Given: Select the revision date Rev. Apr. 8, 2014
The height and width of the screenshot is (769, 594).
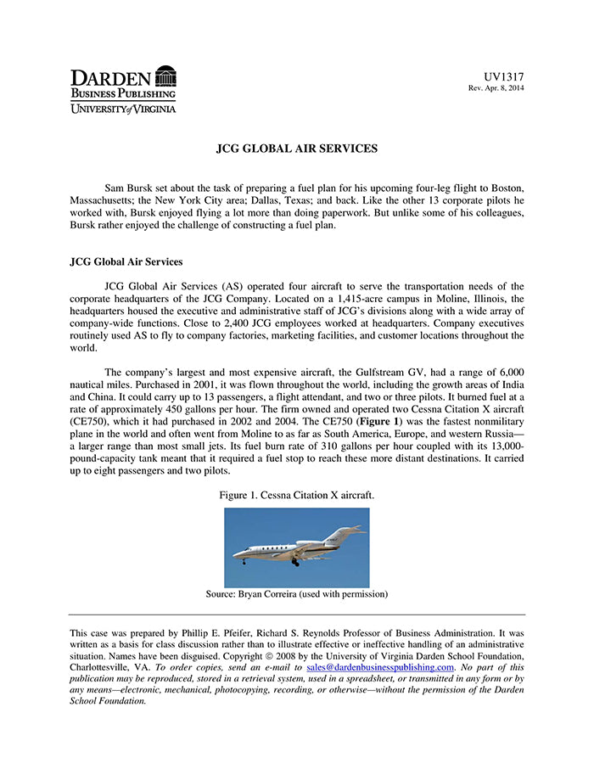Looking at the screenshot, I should click(496, 88).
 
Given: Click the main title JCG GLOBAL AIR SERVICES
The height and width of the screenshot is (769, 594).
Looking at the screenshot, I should click(297, 149).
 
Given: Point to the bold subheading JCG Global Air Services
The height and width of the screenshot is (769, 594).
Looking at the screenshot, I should click(126, 261).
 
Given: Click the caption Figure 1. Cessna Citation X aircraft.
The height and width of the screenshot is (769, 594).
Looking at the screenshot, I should click(296, 495).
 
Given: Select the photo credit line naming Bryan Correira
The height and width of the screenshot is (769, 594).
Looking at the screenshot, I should click(296, 594).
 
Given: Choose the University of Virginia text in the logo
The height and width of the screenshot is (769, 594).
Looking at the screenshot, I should click(123, 109).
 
